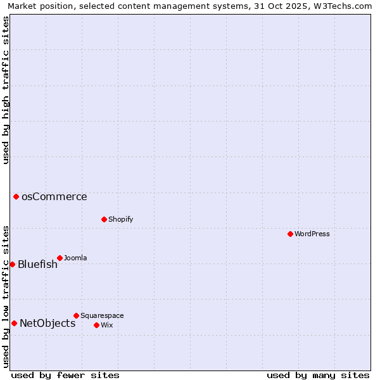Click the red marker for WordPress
click(x=290, y=234)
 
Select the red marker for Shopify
click(x=104, y=219)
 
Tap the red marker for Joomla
click(x=60, y=258)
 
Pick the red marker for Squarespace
click(x=76, y=315)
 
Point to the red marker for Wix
click(x=96, y=325)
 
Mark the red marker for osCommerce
click(x=16, y=196)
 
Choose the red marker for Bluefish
click(x=12, y=264)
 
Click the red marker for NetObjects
click(x=14, y=323)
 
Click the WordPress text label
click(x=312, y=234)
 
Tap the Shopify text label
click(x=121, y=219)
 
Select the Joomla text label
click(x=76, y=258)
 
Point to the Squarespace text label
click(x=103, y=315)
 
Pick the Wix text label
click(x=107, y=325)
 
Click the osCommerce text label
click(x=54, y=196)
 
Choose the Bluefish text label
click(x=37, y=264)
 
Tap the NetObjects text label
click(x=47, y=323)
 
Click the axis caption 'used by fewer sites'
click(x=65, y=375)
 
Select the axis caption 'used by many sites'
click(x=318, y=375)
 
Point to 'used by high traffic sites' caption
click(x=6, y=90)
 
